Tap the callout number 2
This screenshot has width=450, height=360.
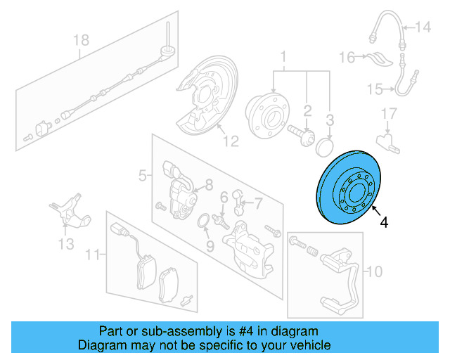307,110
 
